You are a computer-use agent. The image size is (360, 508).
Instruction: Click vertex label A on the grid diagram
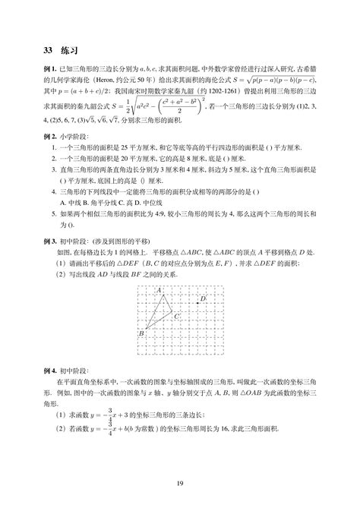click(x=159, y=291)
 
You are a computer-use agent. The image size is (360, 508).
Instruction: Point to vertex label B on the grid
click(x=141, y=333)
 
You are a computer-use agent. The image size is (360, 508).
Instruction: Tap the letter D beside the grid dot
click(x=203, y=299)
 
